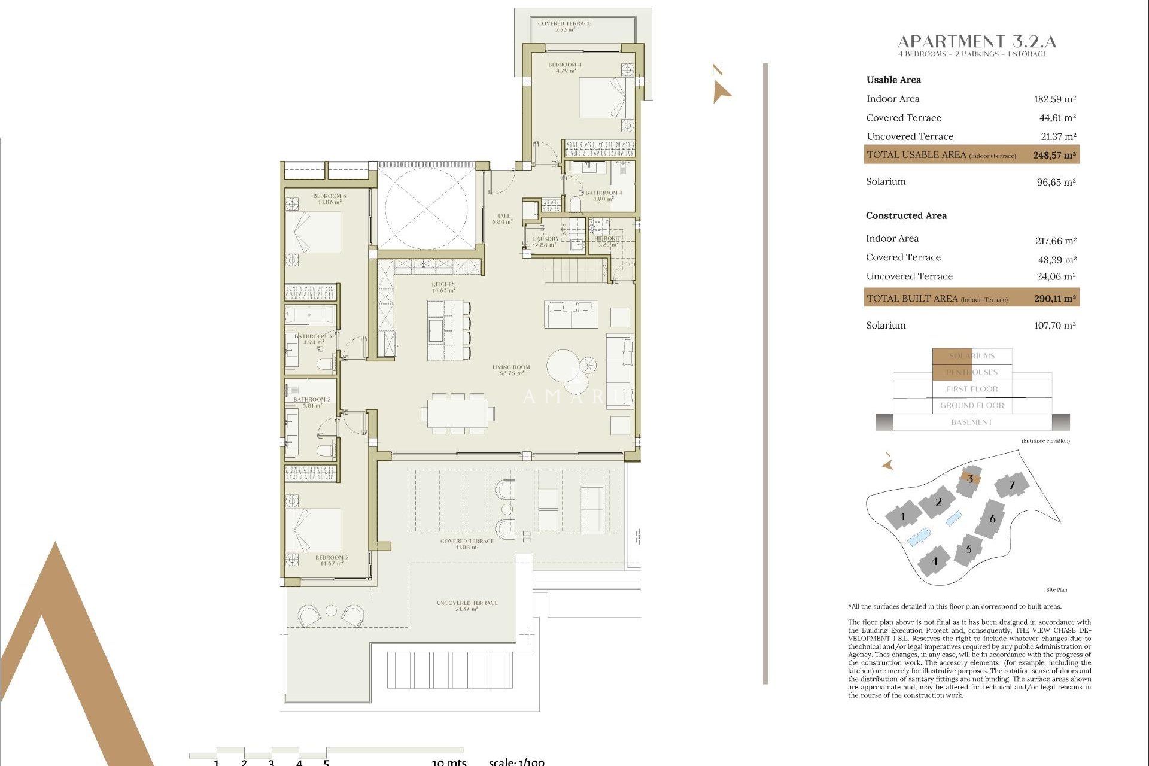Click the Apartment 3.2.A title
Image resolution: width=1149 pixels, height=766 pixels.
[x=977, y=42]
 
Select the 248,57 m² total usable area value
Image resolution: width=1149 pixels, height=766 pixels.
[x=1054, y=155]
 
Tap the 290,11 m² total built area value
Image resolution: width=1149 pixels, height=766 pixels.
[x=1054, y=298]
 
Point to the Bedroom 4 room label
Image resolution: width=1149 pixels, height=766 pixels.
[x=564, y=68]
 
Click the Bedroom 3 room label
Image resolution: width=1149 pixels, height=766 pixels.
[x=329, y=199]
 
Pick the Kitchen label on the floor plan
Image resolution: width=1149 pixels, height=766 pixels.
[x=443, y=287]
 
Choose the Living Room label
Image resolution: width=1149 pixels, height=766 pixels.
[x=511, y=370]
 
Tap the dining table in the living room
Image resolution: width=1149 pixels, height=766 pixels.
[x=458, y=414]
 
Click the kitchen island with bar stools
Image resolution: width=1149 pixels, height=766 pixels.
[x=446, y=330]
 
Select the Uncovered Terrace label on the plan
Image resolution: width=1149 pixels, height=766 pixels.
[x=467, y=606]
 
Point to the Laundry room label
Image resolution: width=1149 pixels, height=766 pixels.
[x=545, y=241]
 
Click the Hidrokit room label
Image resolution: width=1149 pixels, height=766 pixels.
[x=607, y=241]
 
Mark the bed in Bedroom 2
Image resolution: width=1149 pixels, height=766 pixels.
[x=313, y=530]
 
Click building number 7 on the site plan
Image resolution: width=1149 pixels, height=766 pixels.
[x=1011, y=485]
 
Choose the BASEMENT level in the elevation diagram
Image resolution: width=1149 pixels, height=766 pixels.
[x=971, y=422]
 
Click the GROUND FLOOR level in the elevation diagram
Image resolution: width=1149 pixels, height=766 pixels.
[x=971, y=406]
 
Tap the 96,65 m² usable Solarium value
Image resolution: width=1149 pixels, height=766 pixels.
[x=1056, y=182]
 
